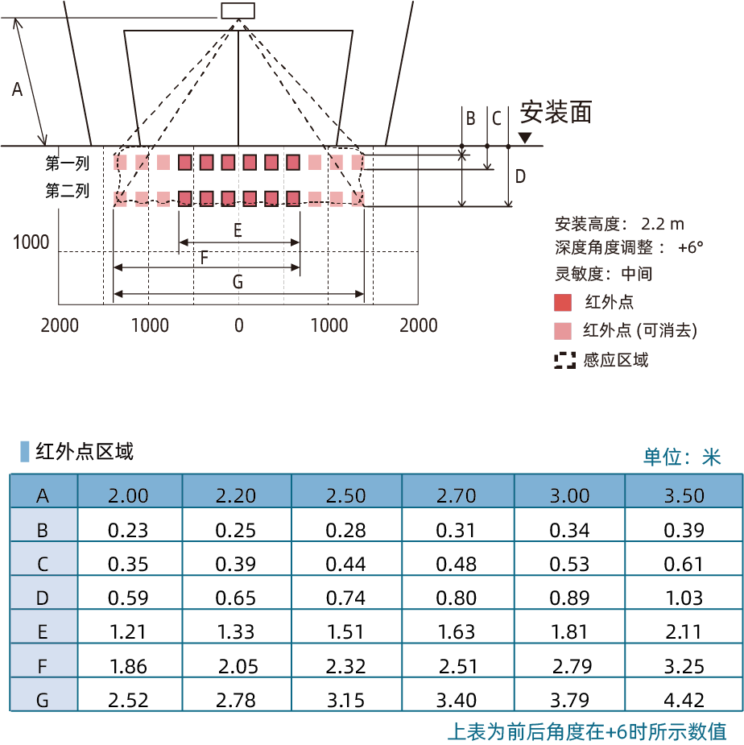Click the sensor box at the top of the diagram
238,11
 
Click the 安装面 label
556,112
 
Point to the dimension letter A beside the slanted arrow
17,89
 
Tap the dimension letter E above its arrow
238,230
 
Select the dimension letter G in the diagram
238,282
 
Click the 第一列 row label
67,163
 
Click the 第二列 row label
67,191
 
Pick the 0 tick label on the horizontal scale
239,325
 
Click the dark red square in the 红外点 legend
563,303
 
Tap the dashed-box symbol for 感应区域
564,361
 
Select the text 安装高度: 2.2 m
619,224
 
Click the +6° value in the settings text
690,247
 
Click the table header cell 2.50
346,495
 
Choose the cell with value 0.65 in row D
236,598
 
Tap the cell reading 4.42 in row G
684,700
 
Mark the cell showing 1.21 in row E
128,632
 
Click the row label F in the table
43,666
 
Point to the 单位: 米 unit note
682,457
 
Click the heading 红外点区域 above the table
84,451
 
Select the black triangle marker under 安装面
525,137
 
